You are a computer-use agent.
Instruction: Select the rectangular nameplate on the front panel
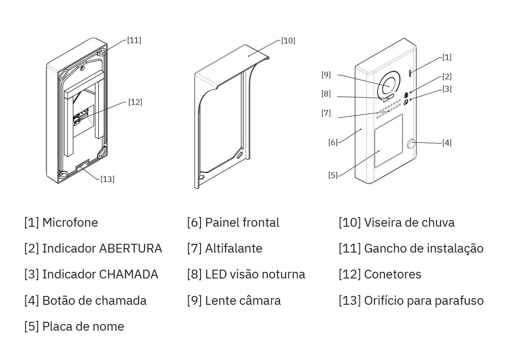click(x=388, y=141)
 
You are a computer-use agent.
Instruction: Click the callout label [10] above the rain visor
click(x=288, y=41)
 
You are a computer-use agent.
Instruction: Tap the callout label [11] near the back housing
click(x=134, y=40)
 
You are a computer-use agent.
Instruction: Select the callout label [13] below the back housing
click(x=107, y=179)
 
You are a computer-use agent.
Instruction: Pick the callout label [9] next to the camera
click(x=326, y=75)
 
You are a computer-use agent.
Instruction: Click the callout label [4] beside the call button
click(x=446, y=143)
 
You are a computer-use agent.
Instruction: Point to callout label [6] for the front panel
click(x=333, y=142)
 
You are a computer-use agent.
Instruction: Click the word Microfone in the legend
click(x=70, y=222)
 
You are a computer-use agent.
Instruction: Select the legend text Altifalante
click(x=233, y=248)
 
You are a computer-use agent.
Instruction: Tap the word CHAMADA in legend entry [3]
click(x=128, y=274)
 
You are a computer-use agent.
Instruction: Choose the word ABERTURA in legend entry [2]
click(x=130, y=248)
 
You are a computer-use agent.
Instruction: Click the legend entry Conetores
click(x=392, y=274)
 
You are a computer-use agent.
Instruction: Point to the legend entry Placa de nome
click(x=83, y=326)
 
